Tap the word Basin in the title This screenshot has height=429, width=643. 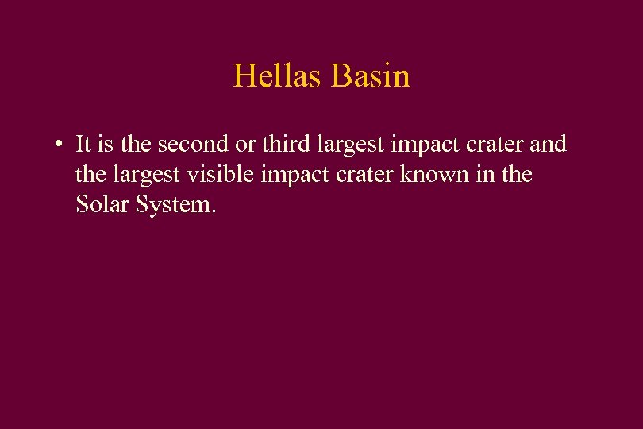pos(371,76)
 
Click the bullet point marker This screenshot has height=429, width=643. pos(59,145)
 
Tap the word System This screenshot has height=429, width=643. pos(176,205)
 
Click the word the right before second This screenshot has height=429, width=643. pos(137,145)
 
